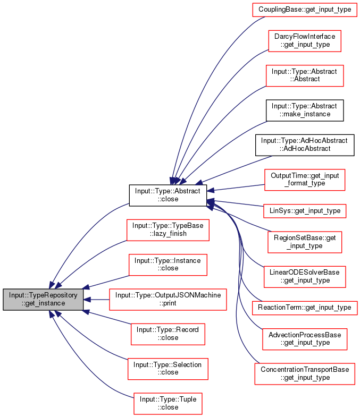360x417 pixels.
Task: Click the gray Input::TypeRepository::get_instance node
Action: click(43, 299)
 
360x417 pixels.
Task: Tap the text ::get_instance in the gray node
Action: click(43, 303)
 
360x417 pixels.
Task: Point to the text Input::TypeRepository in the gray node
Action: click(43, 295)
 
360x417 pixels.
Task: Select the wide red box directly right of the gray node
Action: click(168, 300)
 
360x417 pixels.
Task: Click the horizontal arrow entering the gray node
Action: click(98, 300)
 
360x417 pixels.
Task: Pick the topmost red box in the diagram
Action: click(304, 10)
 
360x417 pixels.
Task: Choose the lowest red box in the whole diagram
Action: click(168, 404)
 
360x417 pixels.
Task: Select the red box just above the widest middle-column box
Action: click(168, 265)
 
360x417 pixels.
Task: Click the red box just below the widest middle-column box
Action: click(168, 334)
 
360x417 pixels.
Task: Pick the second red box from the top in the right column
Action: click(304, 41)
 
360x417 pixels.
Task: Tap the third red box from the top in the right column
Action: click(305, 76)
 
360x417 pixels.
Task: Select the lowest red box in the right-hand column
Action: click(305, 374)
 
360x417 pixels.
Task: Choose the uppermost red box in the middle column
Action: click(168, 230)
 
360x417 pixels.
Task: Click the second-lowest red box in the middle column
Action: click(168, 369)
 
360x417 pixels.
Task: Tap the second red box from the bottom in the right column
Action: click(305, 339)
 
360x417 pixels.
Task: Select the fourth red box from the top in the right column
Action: click(305, 180)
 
